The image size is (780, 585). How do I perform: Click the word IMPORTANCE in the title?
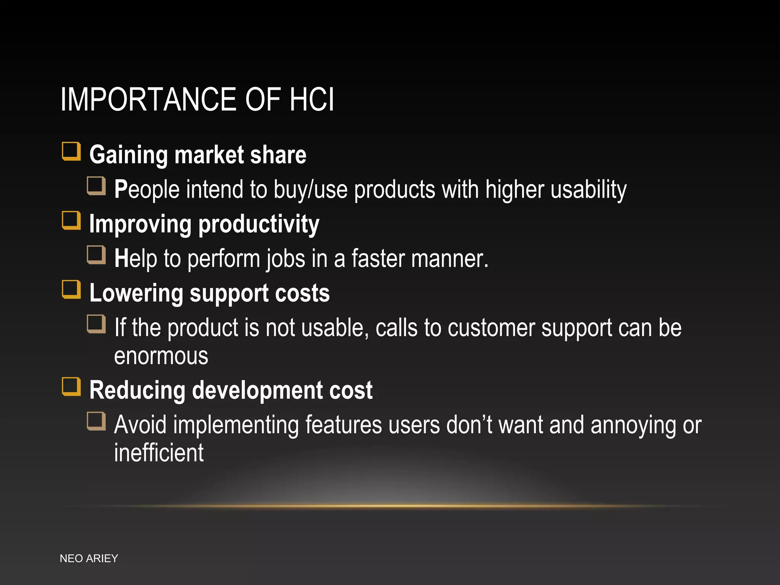[149, 100]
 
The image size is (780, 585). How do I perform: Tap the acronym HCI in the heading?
[312, 100]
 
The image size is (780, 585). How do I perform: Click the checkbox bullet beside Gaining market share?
[72, 152]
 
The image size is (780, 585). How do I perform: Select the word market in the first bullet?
[209, 155]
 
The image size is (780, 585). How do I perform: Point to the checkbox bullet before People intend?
[96, 186]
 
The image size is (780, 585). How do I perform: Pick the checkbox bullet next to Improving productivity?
[72, 221]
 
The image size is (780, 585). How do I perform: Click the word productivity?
[259, 225]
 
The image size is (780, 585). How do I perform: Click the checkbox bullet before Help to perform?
[96, 255]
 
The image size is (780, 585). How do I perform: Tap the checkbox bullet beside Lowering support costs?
[72, 290]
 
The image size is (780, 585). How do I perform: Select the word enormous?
[161, 356]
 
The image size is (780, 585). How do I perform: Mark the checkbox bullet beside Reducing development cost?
[72, 387]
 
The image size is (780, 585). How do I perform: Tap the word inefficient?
[159, 453]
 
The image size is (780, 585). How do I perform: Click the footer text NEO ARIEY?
[89, 558]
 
